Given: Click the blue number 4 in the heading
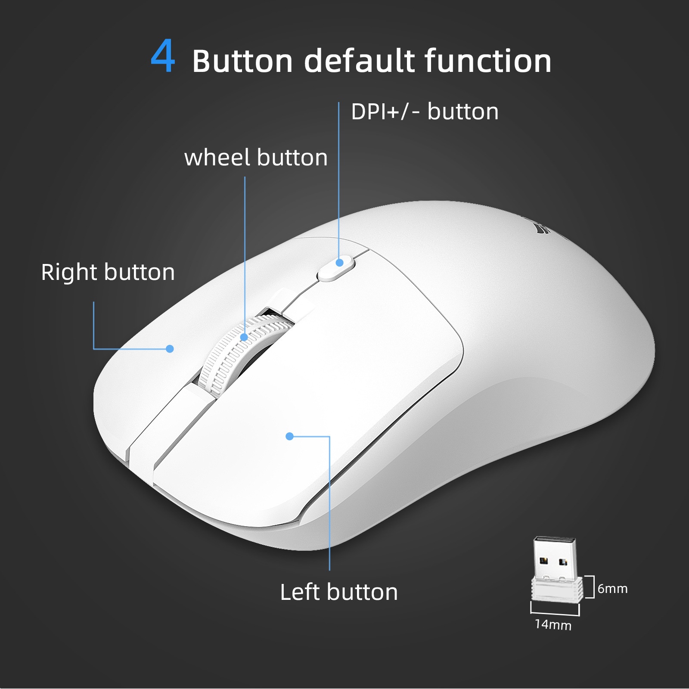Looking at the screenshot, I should [163, 57].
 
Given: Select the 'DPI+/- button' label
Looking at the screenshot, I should [425, 112].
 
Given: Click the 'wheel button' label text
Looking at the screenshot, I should [256, 158].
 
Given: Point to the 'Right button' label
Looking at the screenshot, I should [108, 272].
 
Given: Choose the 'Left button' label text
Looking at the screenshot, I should [339, 592].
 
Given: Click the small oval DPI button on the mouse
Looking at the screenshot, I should [336, 269].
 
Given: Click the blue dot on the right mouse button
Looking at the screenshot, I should [170, 349].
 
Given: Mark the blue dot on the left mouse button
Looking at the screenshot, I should [290, 436].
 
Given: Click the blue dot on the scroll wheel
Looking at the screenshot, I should [244, 337].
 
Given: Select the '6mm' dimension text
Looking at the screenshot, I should [612, 589].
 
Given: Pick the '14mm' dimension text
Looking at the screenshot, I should [553, 624].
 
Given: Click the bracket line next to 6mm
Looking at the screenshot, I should [593, 587].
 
